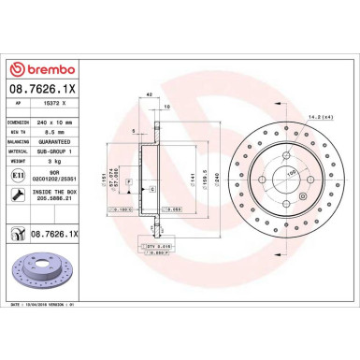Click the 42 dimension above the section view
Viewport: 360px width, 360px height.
[150, 94]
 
